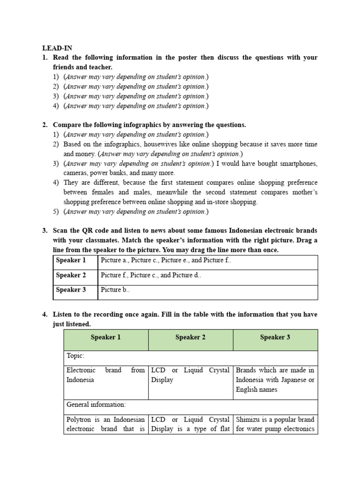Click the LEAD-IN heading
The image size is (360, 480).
pyautogui.click(x=57, y=48)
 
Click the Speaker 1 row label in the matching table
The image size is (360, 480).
pyautogui.click(x=71, y=260)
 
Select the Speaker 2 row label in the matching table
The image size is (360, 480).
pyautogui.click(x=71, y=275)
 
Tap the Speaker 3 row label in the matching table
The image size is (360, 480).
pyautogui.click(x=71, y=290)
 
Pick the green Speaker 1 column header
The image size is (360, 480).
pyautogui.click(x=105, y=337)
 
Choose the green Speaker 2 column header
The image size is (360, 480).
pyautogui.click(x=190, y=337)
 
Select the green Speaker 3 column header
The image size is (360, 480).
pyautogui.click(x=275, y=337)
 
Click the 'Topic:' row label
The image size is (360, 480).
pyautogui.click(x=75, y=356)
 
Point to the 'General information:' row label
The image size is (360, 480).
pyautogui.click(x=96, y=404)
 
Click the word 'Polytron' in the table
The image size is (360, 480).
pyautogui.click(x=78, y=419)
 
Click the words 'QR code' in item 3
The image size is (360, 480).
pyautogui.click(x=95, y=231)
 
